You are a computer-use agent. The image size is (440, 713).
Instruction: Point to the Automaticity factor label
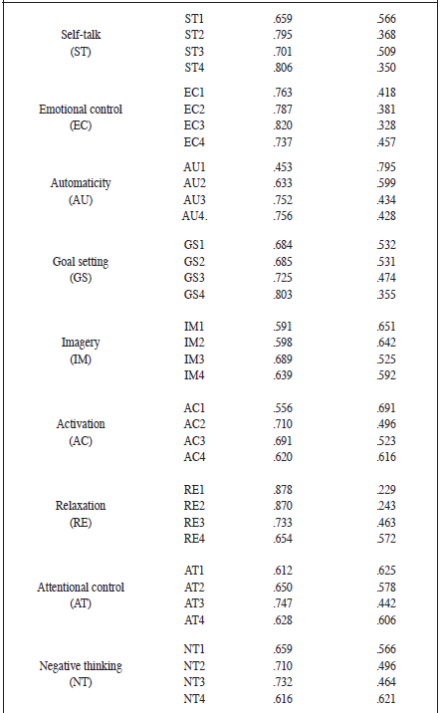(82, 183)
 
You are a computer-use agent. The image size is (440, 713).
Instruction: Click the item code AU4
(195, 217)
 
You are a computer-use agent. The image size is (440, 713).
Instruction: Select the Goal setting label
(82, 262)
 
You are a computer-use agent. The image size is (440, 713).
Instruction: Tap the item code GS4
(193, 295)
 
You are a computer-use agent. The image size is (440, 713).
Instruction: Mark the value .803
(286, 295)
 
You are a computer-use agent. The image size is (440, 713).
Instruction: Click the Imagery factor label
(82, 343)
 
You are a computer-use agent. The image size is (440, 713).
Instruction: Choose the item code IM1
(193, 326)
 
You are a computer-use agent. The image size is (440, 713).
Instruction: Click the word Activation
(82, 424)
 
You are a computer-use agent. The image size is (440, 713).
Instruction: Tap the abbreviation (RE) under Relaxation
(82, 521)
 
